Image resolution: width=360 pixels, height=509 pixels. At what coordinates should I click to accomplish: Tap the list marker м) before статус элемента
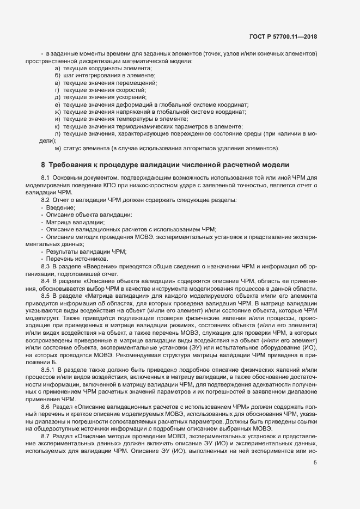click(x=58, y=148)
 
